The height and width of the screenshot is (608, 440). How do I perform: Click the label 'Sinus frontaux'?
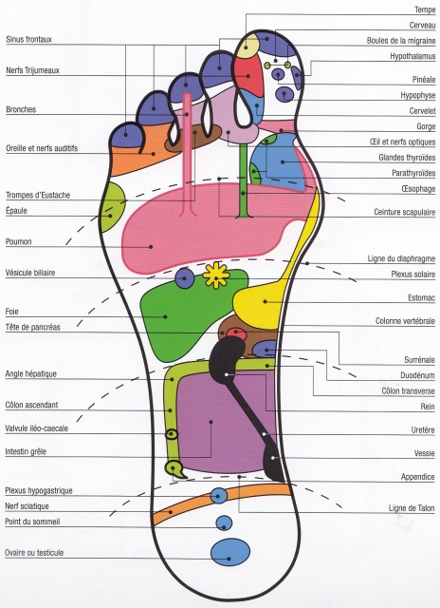28,39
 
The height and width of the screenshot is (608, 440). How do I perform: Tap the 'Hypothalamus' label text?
412,56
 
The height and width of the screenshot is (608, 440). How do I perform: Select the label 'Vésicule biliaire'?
30,273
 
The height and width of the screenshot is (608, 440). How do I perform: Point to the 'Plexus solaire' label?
412,275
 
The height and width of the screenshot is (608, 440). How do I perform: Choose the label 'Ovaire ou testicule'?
34,553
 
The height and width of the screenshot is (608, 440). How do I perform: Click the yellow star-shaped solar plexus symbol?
216,275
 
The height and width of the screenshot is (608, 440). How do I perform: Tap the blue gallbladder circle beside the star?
184,278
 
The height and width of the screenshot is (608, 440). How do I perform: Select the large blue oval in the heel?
230,552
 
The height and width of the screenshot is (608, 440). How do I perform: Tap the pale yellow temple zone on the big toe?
247,46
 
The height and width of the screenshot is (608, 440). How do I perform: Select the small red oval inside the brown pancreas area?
236,333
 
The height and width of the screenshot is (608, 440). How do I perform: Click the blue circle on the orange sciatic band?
219,496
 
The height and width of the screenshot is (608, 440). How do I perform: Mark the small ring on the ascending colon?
172,434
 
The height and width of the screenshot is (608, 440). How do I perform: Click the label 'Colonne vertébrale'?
405,321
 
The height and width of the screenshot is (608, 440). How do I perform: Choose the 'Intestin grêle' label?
26,452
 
